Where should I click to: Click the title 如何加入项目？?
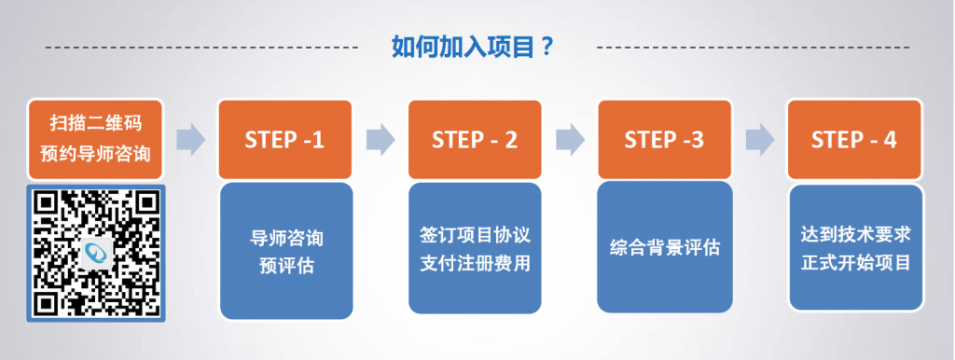(x=472, y=47)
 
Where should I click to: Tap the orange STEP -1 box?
(x=285, y=140)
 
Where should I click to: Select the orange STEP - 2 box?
(x=475, y=140)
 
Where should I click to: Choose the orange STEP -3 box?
(x=664, y=140)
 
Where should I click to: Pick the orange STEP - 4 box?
(x=854, y=140)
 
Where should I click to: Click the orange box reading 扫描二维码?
(x=96, y=140)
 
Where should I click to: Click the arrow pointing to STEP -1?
(x=191, y=140)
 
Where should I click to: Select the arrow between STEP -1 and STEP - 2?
(x=381, y=140)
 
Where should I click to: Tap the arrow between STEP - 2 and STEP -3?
(x=570, y=140)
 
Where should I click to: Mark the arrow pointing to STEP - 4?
(x=760, y=140)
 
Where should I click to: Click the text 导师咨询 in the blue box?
(x=286, y=238)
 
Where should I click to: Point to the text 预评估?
(x=286, y=266)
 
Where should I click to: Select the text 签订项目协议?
(x=475, y=234)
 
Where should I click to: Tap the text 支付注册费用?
(x=475, y=263)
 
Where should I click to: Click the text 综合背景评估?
(x=664, y=248)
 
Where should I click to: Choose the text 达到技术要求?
(x=856, y=234)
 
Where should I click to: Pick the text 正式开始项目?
(x=856, y=263)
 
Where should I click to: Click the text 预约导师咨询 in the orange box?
(x=96, y=154)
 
